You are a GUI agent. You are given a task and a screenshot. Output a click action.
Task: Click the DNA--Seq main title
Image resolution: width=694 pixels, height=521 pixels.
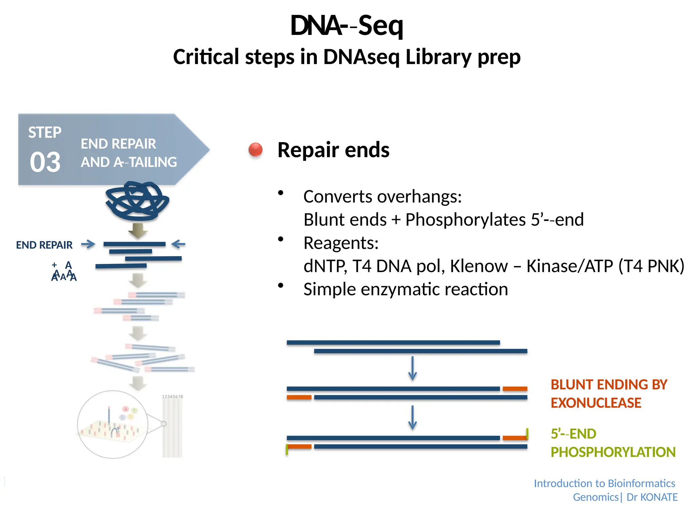point(346,26)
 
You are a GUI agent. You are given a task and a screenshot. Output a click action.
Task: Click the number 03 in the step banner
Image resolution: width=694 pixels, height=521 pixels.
point(45,162)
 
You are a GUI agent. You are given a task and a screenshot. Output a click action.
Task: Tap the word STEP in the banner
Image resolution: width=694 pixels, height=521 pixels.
point(45,132)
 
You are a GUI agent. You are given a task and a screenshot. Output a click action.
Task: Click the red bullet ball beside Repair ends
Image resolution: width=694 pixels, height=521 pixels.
point(256,150)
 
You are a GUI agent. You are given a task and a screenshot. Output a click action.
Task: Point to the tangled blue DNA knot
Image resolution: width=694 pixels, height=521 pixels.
point(137,201)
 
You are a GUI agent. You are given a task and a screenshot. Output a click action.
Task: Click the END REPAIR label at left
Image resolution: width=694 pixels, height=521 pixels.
point(44,245)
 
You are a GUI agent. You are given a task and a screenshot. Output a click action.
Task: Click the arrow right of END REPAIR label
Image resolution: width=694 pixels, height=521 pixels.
point(88,244)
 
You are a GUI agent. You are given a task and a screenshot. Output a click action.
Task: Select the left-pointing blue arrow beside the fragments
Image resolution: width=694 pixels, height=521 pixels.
point(178,244)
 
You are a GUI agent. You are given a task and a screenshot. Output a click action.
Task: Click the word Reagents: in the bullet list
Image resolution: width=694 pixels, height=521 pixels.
point(341,243)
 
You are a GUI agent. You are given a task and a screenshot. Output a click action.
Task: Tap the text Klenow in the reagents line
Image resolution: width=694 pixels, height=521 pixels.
point(479,266)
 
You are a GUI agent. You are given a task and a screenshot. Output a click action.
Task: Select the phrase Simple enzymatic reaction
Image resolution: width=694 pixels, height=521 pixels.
point(406,289)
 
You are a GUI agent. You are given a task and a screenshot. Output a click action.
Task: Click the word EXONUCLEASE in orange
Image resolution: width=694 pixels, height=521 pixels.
point(596,403)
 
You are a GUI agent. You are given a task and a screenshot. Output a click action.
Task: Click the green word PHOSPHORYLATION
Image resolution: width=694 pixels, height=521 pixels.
point(613,452)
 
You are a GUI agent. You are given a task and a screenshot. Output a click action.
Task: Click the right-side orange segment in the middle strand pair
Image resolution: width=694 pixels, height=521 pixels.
point(515,389)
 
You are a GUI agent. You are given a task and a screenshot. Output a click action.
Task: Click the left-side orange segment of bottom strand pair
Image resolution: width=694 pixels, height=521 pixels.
point(299,446)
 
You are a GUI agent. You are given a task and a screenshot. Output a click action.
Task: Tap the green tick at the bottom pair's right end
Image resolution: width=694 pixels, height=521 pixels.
point(527,433)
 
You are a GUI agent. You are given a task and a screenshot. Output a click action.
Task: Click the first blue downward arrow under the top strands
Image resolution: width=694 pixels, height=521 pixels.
point(412,368)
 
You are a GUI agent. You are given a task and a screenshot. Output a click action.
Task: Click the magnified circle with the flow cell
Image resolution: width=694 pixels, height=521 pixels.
point(113,424)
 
